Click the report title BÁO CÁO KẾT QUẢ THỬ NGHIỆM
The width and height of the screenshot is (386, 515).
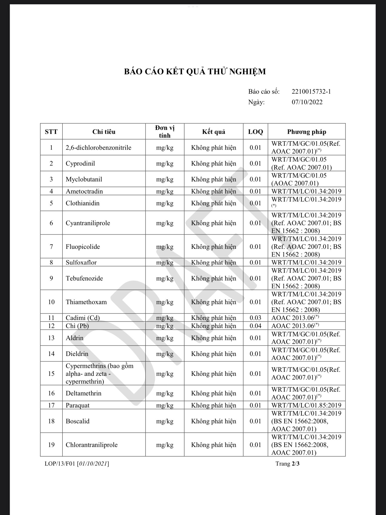[195, 72]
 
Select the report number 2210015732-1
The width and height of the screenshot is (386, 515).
[311, 92]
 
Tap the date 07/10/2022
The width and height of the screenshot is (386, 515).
[307, 102]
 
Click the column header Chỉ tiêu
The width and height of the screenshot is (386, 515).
[104, 132]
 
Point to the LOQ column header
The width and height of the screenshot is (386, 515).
[255, 132]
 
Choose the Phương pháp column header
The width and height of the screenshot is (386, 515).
[307, 132]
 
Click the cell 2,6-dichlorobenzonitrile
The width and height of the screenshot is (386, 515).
[99, 148]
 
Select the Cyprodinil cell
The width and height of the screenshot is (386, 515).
[80, 163]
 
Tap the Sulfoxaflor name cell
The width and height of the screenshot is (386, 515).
[81, 263]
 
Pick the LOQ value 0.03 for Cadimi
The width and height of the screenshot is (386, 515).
[255, 318]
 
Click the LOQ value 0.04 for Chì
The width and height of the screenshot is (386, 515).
[255, 326]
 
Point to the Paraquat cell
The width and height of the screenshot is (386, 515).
[78, 405]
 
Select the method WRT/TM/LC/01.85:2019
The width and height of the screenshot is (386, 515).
[306, 405]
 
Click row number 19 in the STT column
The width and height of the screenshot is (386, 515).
[51, 445]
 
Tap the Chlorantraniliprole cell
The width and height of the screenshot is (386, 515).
[91, 445]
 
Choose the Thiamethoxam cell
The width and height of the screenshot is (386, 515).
[86, 302]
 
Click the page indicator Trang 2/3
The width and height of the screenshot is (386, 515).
[287, 463]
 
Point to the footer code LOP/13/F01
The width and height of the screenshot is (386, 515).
[60, 463]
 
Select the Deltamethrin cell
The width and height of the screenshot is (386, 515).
[83, 393]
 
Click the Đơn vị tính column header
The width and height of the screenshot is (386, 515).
[165, 132]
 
